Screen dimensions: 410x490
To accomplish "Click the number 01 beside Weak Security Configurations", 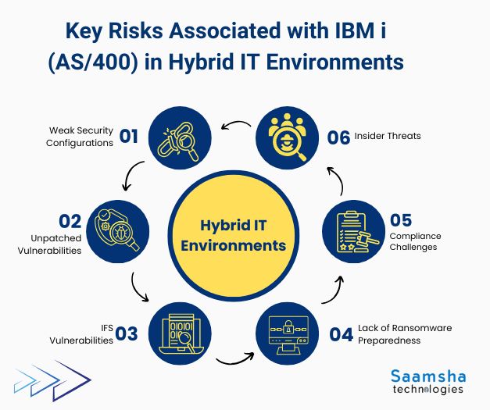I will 128,137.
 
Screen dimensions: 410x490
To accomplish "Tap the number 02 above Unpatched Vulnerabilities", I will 71,221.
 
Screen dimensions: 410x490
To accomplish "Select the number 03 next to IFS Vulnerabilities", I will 127,334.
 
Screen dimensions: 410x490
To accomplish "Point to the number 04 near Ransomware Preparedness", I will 341,334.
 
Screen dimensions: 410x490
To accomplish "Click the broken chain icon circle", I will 178,135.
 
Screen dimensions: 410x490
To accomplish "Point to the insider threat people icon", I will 289,135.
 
